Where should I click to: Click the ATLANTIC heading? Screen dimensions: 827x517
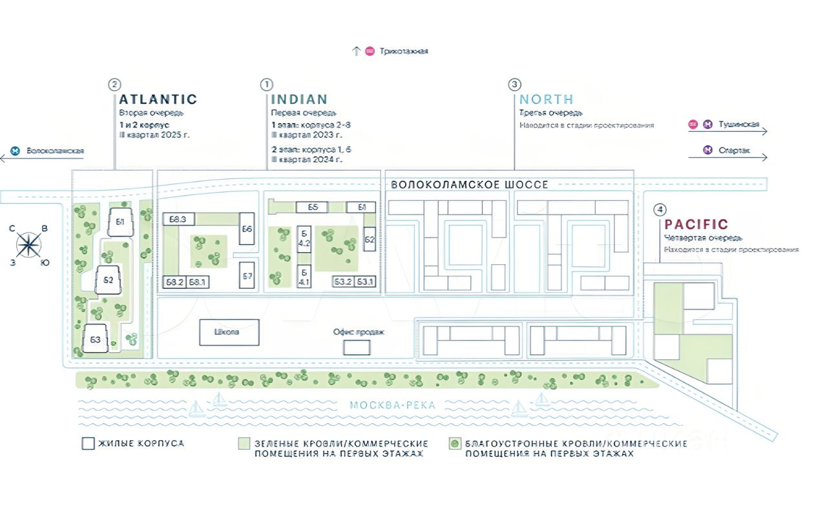[158, 100]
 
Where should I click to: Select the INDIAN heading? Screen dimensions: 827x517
[299, 100]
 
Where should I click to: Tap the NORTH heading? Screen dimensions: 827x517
[547, 100]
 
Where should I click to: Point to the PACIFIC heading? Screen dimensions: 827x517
[696, 225]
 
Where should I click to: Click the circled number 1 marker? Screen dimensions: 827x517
[266, 85]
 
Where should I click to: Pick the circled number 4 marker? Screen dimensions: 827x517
[659, 209]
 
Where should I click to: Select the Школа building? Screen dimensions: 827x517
[229, 332]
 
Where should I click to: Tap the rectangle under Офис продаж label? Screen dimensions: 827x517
[357, 347]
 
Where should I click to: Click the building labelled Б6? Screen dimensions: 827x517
[247, 229]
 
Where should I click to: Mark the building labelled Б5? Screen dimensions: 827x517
[313, 207]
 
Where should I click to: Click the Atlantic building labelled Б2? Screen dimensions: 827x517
[109, 280]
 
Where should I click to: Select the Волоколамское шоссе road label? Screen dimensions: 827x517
[470, 185]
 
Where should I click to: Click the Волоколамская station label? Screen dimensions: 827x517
[55, 151]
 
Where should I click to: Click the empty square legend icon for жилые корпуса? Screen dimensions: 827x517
[88, 444]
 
